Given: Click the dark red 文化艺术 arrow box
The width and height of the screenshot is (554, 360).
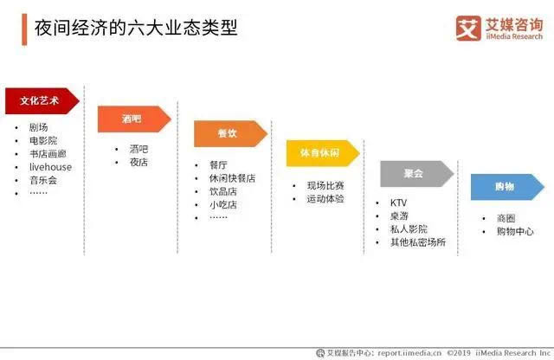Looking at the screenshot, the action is [x=42, y=101].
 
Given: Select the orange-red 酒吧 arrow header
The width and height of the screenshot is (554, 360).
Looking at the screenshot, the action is [x=134, y=119].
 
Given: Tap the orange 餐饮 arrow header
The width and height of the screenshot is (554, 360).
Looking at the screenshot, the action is [x=230, y=133].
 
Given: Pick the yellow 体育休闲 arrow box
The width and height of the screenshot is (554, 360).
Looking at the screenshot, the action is [x=323, y=153].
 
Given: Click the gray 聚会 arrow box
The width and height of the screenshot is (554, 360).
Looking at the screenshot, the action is [x=417, y=173].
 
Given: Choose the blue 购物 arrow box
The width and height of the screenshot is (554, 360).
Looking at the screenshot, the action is [x=507, y=187].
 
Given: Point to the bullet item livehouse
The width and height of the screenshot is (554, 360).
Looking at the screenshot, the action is [x=50, y=167].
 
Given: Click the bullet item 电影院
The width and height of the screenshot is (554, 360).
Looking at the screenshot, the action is [x=43, y=140].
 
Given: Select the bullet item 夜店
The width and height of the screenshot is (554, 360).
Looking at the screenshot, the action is [x=138, y=162].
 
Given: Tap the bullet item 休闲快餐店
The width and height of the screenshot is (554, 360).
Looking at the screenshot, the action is [x=232, y=178].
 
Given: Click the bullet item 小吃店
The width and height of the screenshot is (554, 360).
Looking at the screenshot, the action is [x=223, y=205].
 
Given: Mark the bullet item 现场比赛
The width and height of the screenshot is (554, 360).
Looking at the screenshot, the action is [x=325, y=185].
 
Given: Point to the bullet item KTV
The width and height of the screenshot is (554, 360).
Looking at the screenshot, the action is [x=398, y=202].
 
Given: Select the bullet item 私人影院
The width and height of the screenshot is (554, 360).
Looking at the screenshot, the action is [x=409, y=229].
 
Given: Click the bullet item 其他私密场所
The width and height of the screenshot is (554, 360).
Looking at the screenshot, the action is [x=418, y=242].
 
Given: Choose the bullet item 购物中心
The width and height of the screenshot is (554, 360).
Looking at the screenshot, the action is [x=515, y=231].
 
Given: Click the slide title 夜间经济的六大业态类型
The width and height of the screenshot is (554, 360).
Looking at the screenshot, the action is [x=136, y=28].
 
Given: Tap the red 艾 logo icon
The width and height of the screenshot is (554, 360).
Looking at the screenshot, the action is [x=468, y=29].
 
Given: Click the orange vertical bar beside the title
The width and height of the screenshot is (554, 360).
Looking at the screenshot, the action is [x=24, y=29].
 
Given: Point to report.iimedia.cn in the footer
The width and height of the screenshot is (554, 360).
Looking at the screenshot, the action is [x=409, y=353].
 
